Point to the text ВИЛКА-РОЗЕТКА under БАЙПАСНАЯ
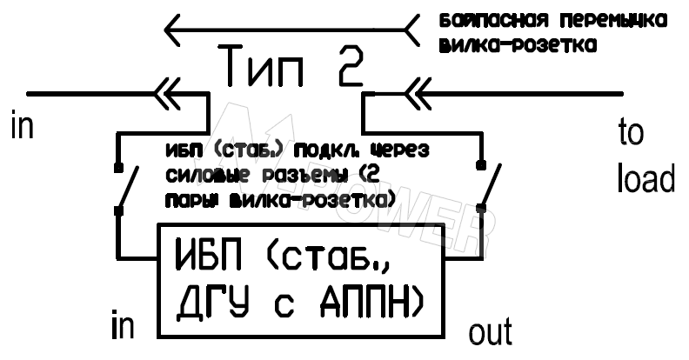tap(518, 46)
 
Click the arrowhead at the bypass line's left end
tap(173, 30)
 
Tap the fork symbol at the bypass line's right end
tap(411, 30)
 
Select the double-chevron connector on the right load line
tap(418, 94)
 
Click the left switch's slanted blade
tap(128, 187)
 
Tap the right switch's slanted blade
tap(492, 186)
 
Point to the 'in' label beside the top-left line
tap(23, 126)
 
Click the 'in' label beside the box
tap(123, 325)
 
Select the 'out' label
tap(491, 332)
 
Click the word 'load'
tap(646, 178)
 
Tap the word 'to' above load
tap(631, 132)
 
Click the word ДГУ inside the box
tap(212, 303)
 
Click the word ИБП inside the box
tap(210, 255)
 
